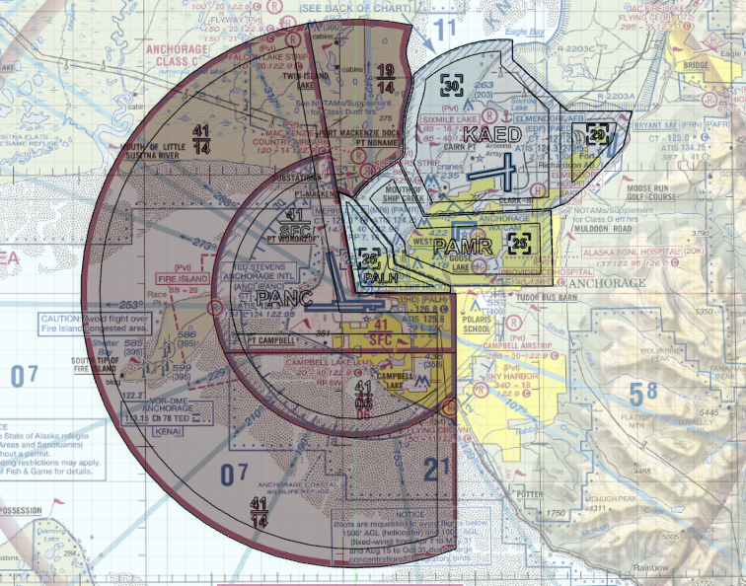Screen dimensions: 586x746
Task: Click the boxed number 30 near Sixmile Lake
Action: (x=451, y=86)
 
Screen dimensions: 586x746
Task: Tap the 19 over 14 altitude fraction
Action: (x=386, y=78)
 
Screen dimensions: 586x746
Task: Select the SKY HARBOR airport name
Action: (x=510, y=378)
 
